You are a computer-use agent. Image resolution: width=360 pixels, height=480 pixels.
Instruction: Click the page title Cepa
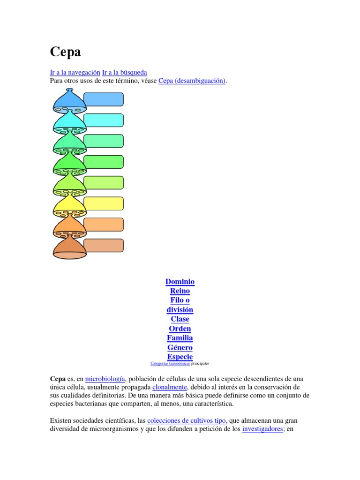[x=65, y=52]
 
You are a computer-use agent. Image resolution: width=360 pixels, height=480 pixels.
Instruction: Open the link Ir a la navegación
[x=75, y=72]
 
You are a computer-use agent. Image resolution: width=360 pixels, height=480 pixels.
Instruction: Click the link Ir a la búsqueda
[x=125, y=72]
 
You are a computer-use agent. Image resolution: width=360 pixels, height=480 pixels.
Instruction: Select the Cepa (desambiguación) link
[x=192, y=81]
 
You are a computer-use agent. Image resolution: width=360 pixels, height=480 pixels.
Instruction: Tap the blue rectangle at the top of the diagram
[x=104, y=99]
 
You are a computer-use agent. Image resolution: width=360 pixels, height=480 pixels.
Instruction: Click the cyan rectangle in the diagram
[x=104, y=120]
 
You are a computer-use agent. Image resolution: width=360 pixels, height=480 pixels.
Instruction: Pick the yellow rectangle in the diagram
[x=104, y=203]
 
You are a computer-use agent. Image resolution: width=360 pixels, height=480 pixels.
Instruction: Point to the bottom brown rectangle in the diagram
[x=104, y=245]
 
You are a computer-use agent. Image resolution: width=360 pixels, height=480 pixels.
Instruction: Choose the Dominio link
[x=180, y=282]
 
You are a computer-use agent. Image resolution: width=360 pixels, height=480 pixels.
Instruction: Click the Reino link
[x=180, y=291]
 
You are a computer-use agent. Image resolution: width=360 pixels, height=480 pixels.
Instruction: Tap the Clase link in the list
[x=180, y=319]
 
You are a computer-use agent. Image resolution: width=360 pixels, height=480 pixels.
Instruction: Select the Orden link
[x=180, y=329]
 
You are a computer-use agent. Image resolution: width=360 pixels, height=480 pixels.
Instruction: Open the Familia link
[x=180, y=338]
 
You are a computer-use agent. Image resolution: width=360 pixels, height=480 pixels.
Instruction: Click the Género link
[x=180, y=347]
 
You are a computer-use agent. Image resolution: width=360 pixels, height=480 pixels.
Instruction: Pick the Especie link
[x=180, y=357]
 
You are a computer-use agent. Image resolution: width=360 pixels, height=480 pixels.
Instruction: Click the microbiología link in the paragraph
[x=105, y=379]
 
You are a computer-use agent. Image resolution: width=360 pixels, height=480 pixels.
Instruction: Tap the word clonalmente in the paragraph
[x=170, y=387]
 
